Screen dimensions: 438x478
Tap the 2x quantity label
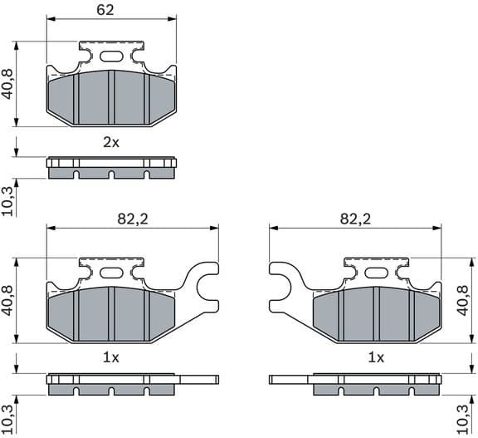pos(111,142)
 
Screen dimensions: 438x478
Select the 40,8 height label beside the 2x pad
pos(8,84)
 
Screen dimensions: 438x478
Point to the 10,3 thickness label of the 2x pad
pos(8,202)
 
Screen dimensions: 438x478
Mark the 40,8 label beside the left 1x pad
pos(8,300)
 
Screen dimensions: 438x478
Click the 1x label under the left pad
pos(111,357)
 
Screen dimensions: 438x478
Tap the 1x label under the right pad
pos(376,357)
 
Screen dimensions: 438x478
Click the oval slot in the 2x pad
pos(111,57)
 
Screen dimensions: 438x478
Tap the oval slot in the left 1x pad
pos(111,273)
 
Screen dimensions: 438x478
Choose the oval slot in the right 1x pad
pos(376,273)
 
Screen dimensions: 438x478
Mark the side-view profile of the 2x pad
pos(111,168)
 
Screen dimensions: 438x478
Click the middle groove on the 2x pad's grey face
pos(111,98)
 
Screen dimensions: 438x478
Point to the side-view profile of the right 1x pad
pos(365,384)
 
